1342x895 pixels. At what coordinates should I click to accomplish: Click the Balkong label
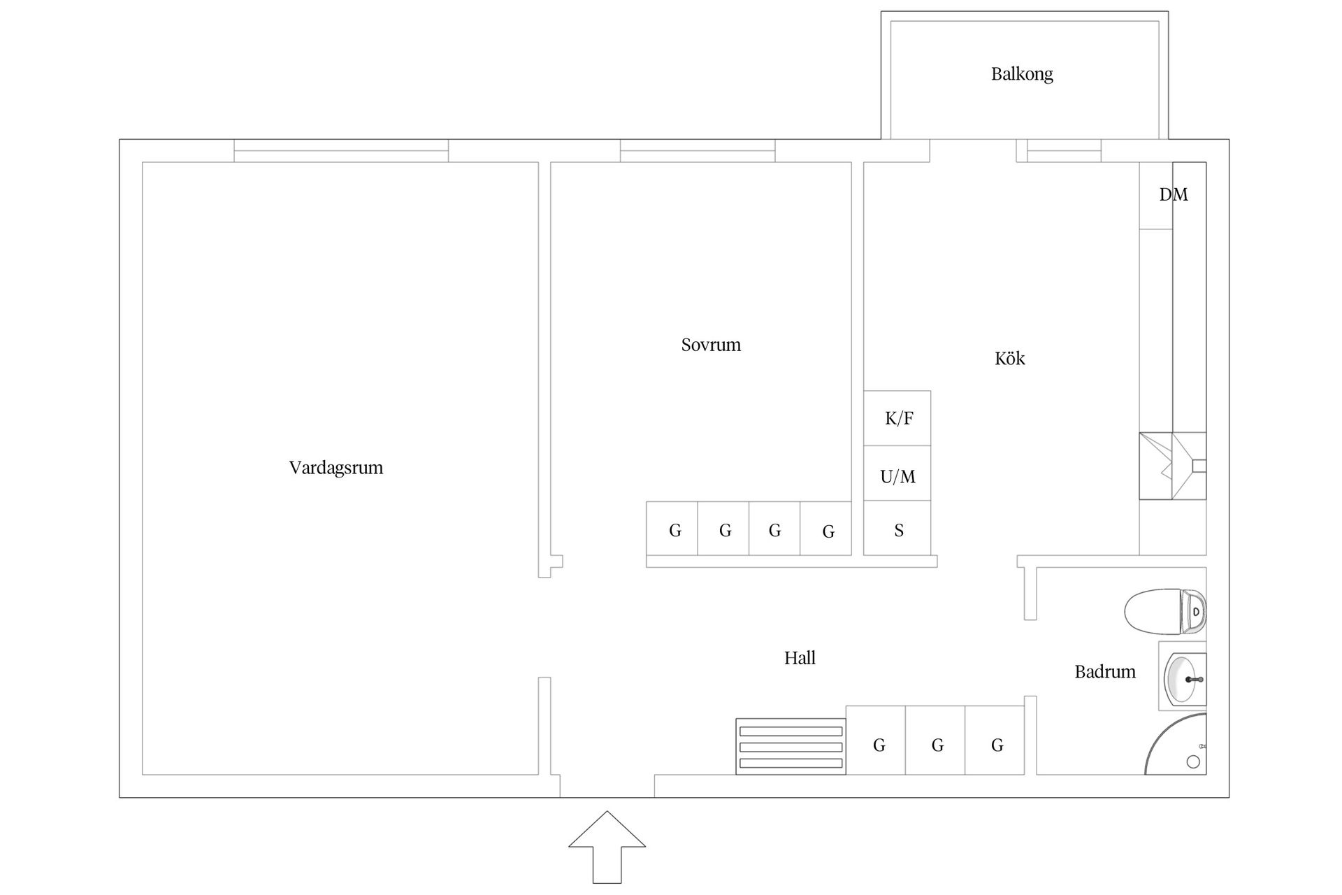(x=1022, y=74)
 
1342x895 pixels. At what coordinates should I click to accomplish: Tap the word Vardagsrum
(x=336, y=468)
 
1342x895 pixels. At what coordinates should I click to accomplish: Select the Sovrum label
(x=711, y=345)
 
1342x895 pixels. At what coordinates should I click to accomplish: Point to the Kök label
(x=1009, y=359)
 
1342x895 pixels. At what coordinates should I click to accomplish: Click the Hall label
(x=800, y=658)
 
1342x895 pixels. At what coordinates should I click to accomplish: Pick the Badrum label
(x=1105, y=672)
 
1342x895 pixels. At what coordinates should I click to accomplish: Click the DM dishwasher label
(x=1174, y=195)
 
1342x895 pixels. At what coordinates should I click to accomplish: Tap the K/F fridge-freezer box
(x=897, y=418)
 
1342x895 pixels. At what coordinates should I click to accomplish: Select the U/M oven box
(x=897, y=473)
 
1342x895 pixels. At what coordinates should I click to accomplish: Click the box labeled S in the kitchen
(x=897, y=528)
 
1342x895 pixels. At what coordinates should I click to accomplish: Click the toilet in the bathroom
(x=1165, y=612)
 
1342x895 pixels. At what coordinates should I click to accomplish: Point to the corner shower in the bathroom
(x=1176, y=744)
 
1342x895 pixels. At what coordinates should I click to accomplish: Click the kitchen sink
(x=1173, y=466)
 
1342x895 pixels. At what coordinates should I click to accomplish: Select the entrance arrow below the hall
(x=607, y=847)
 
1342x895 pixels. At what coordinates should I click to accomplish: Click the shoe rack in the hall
(x=791, y=747)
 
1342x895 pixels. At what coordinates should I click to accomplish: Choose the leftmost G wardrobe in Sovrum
(x=672, y=529)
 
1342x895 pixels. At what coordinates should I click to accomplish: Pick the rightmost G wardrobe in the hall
(x=995, y=740)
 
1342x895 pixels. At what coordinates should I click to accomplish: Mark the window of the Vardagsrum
(x=341, y=151)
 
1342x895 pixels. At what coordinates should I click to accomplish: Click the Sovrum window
(x=698, y=151)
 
